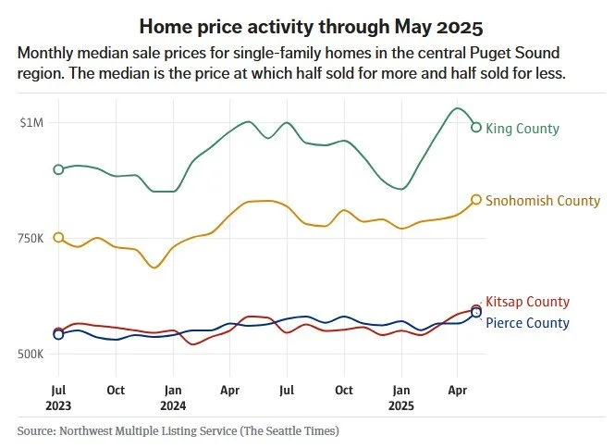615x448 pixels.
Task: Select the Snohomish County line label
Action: pyautogui.click(x=542, y=201)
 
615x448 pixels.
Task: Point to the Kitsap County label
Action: pyautogui.click(x=527, y=302)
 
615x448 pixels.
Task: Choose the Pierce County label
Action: pyautogui.click(x=527, y=323)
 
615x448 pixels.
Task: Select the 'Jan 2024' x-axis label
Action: pyautogui.click(x=173, y=398)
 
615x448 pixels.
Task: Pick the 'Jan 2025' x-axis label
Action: pyautogui.click(x=401, y=398)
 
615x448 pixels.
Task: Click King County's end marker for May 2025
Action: pyautogui.click(x=476, y=128)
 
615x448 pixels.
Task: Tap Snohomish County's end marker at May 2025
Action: pyautogui.click(x=476, y=200)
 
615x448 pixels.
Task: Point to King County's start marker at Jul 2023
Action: pyautogui.click(x=59, y=169)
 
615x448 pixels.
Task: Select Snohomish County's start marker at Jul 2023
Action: pyautogui.click(x=59, y=238)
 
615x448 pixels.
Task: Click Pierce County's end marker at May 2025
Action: pyautogui.click(x=476, y=313)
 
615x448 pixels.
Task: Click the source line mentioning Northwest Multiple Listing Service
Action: pyautogui.click(x=178, y=431)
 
